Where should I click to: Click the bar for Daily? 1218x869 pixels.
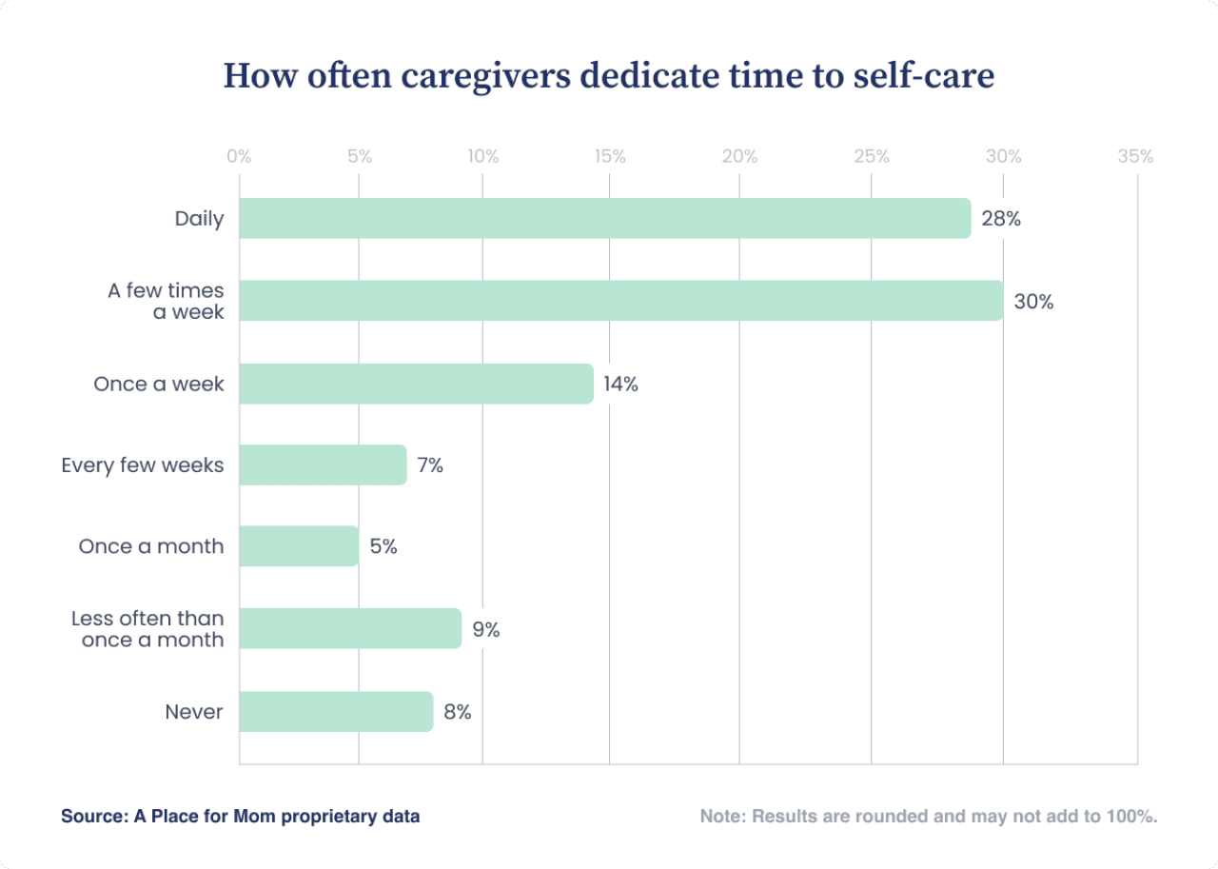604,218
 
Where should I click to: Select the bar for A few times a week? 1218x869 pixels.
620,301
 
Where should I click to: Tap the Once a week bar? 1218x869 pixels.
416,384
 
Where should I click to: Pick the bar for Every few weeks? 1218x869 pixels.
323,464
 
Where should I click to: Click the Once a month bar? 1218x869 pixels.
299,546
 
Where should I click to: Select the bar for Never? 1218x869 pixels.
336,712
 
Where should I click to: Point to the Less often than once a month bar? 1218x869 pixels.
350,629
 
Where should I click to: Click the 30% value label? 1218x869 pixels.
1033,302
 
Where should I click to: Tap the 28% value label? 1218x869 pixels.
1001,219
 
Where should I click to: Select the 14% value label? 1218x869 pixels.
620,385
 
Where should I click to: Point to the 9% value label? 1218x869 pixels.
485,630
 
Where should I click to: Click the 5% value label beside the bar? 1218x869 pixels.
383,547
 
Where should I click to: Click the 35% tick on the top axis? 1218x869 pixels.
1135,157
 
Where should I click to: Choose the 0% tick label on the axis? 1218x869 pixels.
239,157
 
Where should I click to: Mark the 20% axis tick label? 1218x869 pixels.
739,157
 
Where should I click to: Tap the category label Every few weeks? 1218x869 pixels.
143,465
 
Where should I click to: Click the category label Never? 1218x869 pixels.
194,712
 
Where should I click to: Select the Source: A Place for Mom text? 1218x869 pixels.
240,817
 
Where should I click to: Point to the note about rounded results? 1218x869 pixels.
928,817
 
